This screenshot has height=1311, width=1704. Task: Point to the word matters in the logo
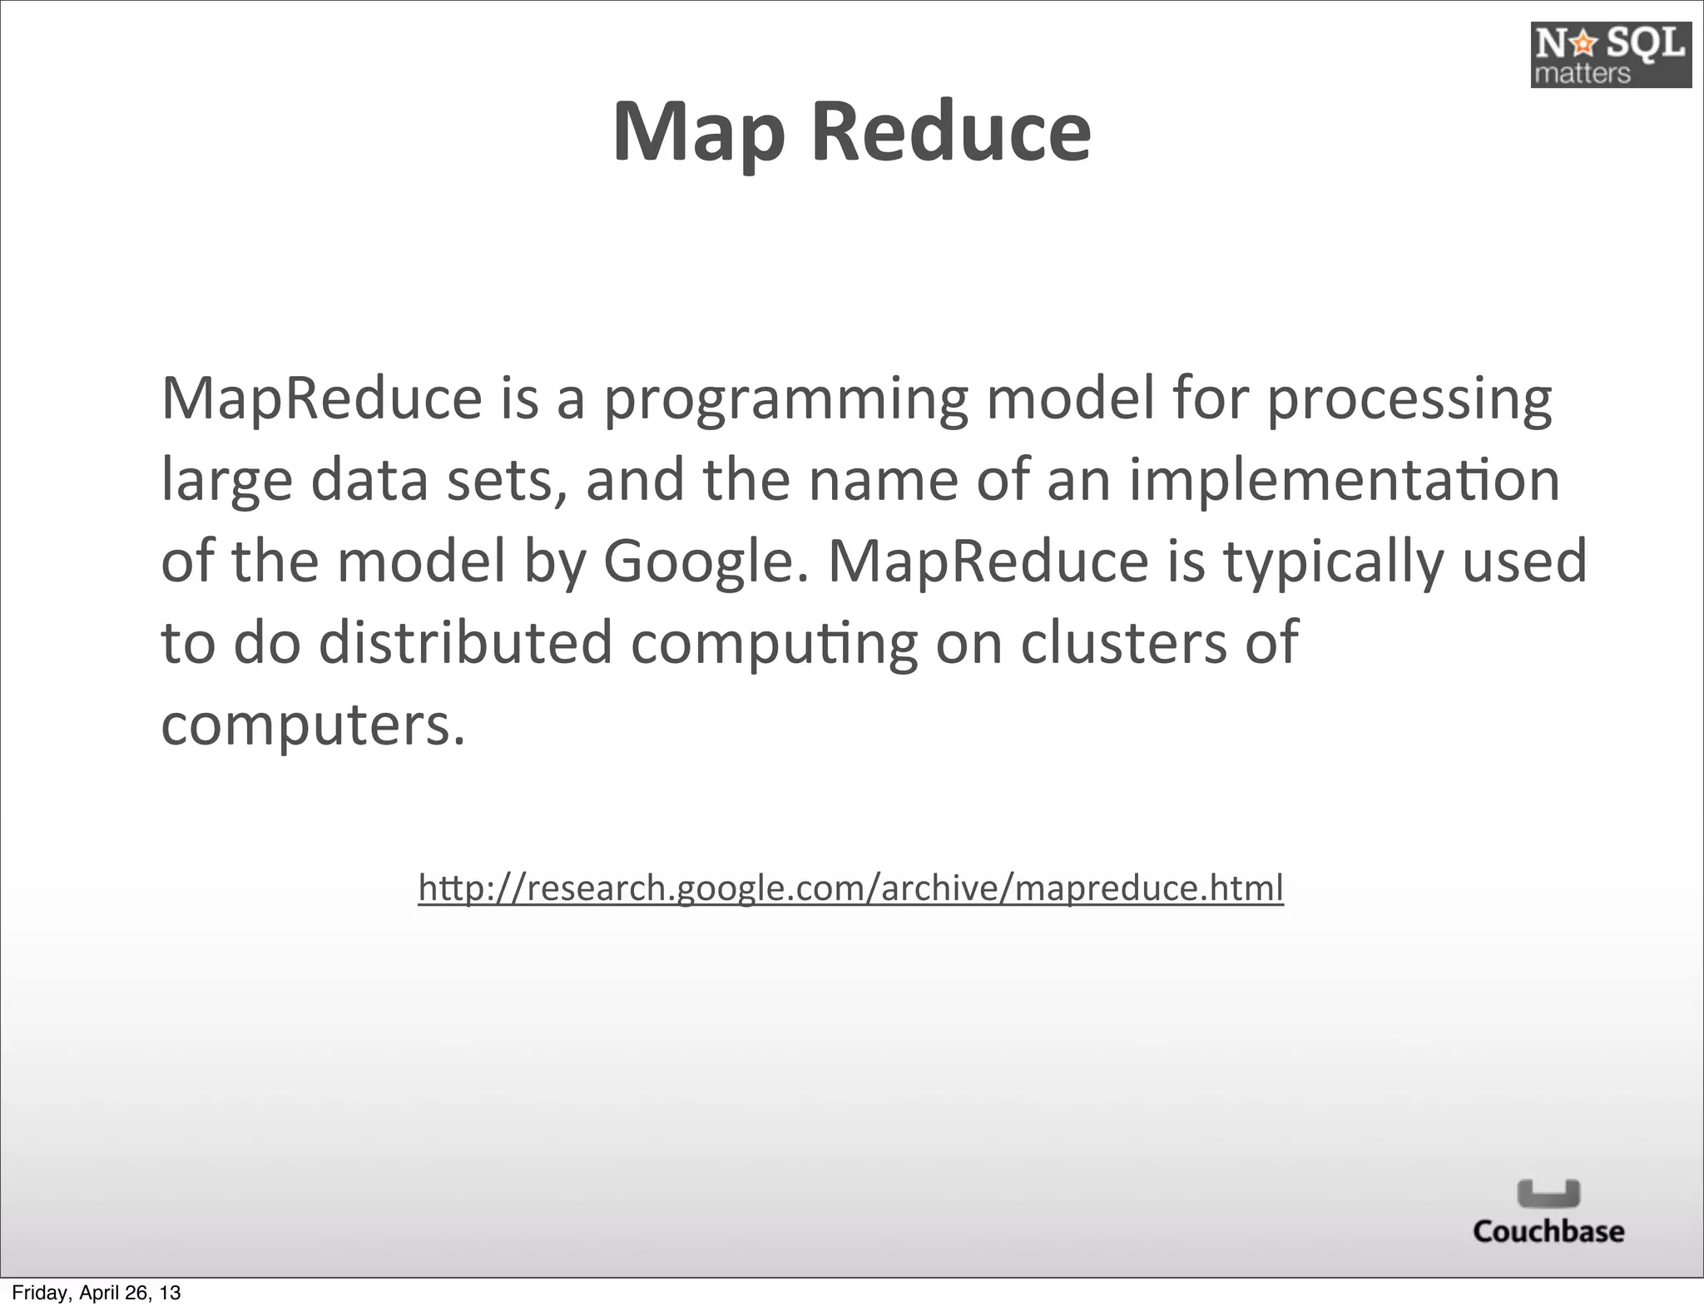tap(1582, 73)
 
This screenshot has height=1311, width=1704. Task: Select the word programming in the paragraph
tap(785, 399)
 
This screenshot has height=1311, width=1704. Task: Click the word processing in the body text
tap(1409, 399)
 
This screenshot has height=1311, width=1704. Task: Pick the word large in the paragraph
tap(226, 482)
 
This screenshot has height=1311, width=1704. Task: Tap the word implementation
tap(1344, 480)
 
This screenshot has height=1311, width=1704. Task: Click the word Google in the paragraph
tap(704, 562)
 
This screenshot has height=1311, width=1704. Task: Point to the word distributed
tap(466, 643)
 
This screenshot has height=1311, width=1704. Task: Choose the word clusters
tap(1123, 643)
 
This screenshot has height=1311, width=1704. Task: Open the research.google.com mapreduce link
tap(850, 888)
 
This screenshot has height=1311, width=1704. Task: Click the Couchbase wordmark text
tap(1548, 1231)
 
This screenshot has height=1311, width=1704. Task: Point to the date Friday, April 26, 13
tap(96, 1293)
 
